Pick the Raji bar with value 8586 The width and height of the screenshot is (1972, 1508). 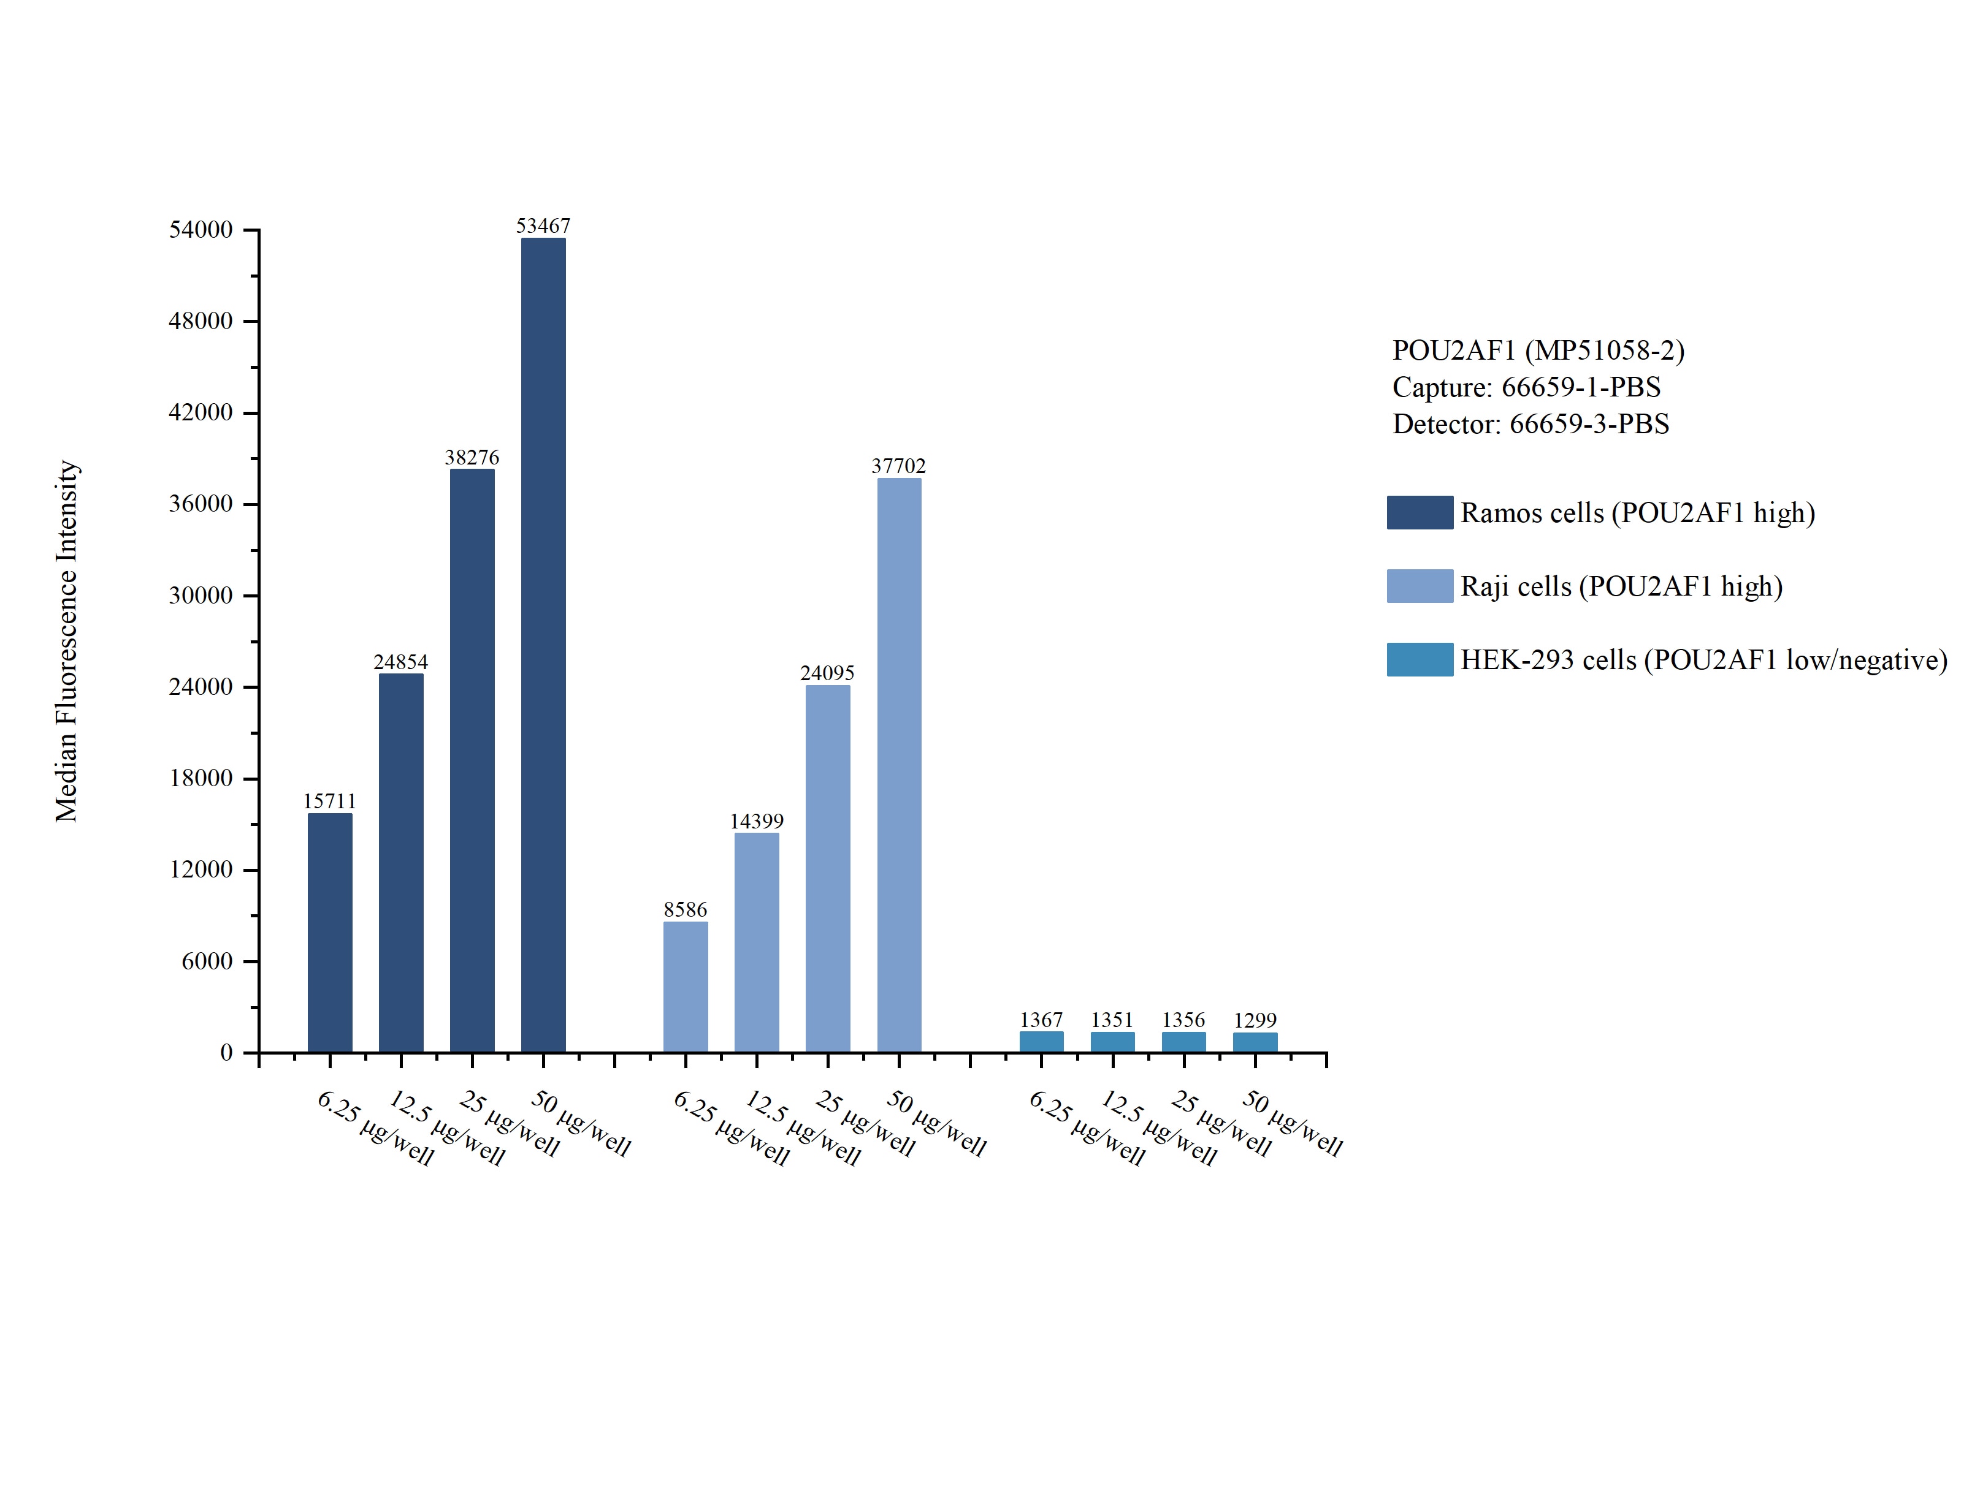tap(685, 987)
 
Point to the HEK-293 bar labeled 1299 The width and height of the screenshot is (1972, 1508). tap(1255, 1042)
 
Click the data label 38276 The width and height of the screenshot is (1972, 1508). tap(472, 457)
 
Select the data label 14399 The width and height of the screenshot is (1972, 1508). tap(756, 820)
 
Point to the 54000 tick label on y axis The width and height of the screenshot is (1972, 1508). tap(201, 230)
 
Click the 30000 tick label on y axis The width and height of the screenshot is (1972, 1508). tap(201, 595)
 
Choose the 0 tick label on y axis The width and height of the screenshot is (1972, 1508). tap(226, 1052)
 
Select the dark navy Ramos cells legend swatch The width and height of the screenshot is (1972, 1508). tap(1419, 512)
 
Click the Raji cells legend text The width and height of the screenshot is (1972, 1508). tap(1620, 586)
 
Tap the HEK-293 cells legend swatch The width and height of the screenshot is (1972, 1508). tap(1419, 660)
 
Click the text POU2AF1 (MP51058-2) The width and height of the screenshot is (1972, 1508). tap(1537, 350)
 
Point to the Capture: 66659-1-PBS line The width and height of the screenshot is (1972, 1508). tap(1526, 387)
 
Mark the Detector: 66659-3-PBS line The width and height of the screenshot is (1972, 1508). tap(1530, 423)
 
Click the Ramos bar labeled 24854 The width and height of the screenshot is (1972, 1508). tap(400, 863)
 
